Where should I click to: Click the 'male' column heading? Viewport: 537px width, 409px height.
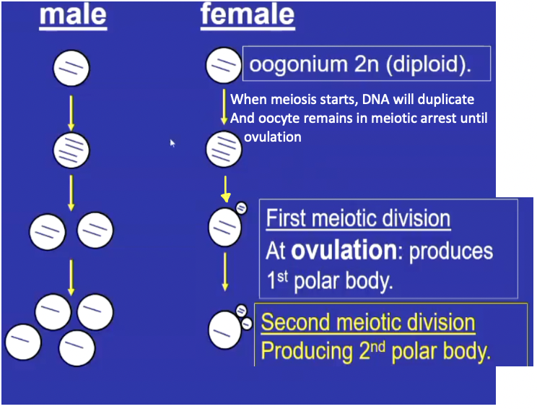click(73, 16)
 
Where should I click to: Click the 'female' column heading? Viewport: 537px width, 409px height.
click(248, 16)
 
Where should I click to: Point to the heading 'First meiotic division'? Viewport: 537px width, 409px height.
click(358, 219)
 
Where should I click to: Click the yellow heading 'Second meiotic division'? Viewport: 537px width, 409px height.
click(368, 322)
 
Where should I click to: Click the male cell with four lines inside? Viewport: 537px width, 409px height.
click(71, 150)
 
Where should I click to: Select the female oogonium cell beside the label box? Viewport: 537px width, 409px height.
click(224, 66)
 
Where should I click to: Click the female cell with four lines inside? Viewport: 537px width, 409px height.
click(224, 150)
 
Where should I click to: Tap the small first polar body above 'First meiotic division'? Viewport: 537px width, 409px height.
click(241, 207)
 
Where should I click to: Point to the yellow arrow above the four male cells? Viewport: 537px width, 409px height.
click(71, 275)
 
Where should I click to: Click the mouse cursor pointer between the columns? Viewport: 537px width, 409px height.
click(173, 143)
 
